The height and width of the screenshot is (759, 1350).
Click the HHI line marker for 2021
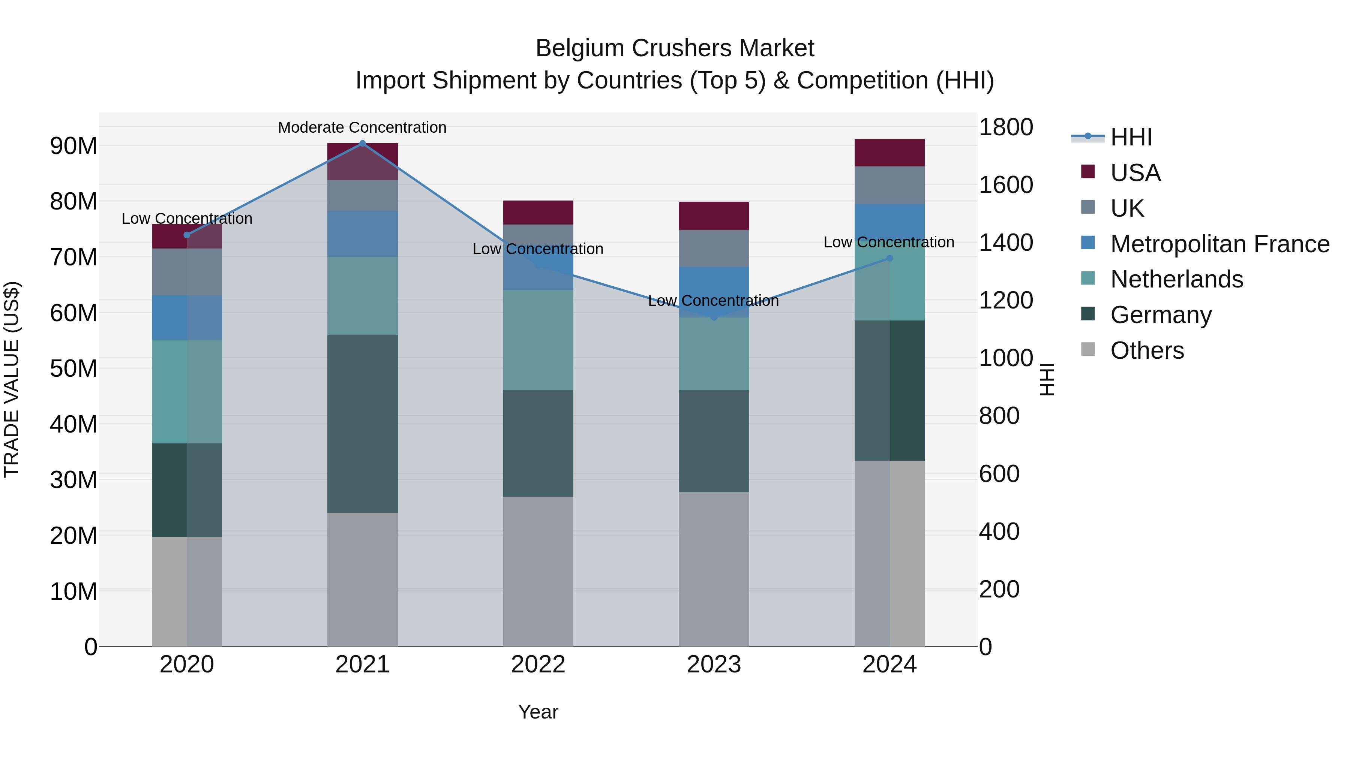[362, 143]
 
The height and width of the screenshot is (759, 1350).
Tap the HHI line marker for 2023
[714, 317]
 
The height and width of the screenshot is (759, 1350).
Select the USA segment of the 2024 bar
[889, 153]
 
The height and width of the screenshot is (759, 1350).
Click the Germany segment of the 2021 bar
[362, 424]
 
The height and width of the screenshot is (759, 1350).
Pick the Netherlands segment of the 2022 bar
[538, 340]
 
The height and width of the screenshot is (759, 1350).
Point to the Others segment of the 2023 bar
[714, 569]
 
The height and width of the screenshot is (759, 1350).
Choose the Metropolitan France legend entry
[1219, 244]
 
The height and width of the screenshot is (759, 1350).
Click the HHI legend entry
[1131, 137]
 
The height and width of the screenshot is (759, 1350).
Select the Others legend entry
[1147, 350]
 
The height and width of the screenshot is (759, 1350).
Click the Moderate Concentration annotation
[362, 127]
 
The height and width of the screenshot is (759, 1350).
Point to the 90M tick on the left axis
[73, 146]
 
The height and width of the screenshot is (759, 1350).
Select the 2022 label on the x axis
[538, 665]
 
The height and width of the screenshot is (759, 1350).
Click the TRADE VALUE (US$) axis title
[12, 379]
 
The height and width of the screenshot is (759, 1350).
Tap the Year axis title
[538, 712]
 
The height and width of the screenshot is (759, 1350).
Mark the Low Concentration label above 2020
[187, 219]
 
